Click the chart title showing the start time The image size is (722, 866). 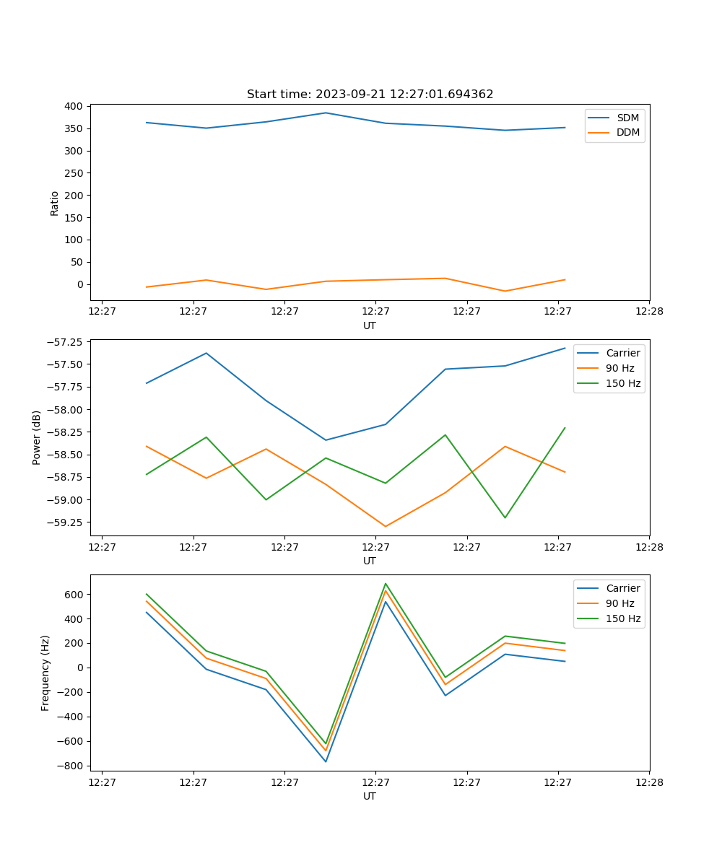(x=370, y=95)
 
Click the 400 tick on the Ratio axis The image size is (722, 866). (x=74, y=106)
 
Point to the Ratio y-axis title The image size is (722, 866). (x=55, y=203)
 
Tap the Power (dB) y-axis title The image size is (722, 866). (x=37, y=437)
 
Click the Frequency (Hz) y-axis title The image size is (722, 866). (x=45, y=673)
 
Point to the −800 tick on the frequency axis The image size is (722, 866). (x=69, y=766)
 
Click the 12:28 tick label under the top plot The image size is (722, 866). (x=649, y=312)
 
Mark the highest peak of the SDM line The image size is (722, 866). (x=326, y=113)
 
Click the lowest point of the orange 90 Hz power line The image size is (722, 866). (x=386, y=526)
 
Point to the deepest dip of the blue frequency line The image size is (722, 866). (x=326, y=761)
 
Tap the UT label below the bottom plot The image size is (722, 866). (x=370, y=796)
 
